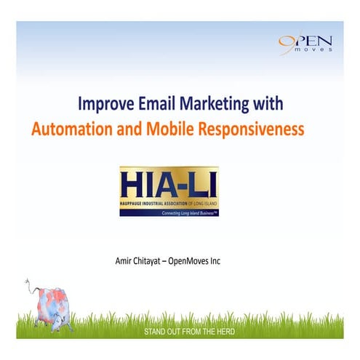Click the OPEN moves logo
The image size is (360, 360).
305,44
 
